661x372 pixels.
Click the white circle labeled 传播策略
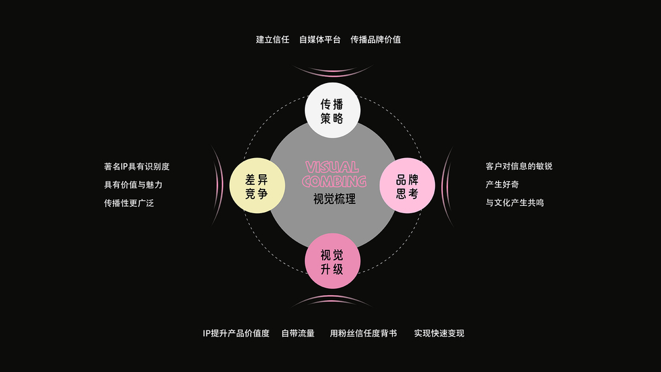coord(332,110)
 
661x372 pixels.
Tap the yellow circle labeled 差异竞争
coord(256,186)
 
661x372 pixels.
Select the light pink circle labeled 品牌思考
coord(407,186)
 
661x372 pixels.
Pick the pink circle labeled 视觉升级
coord(333,262)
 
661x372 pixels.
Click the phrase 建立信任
coord(273,39)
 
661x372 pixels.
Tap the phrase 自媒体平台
coord(320,39)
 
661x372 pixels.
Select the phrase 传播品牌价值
coord(375,39)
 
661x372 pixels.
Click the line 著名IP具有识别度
coord(136,166)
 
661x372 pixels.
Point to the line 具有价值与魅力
coord(133,184)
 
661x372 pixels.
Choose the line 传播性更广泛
coord(129,202)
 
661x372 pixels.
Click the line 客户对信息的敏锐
coord(519,166)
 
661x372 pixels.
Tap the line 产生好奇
coord(502,184)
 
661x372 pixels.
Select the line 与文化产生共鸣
coord(515,202)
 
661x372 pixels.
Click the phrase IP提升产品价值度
coord(236,333)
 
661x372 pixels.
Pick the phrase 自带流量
coord(298,333)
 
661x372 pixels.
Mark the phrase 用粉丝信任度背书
coord(363,333)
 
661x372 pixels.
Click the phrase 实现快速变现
coord(439,333)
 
